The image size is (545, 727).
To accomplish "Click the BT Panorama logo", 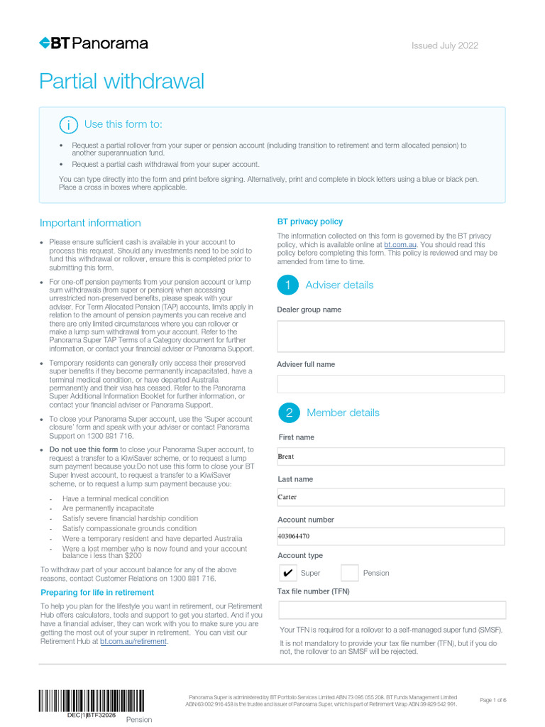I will coord(94,43).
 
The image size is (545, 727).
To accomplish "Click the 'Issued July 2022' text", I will coord(445,46).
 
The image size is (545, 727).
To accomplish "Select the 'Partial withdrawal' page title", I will coord(121,82).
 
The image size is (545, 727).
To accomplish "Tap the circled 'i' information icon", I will coord(68,125).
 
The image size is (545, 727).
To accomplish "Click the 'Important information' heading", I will coord(90,223).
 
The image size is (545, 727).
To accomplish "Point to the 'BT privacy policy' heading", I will coord(309,222).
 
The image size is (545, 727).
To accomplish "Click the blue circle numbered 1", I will coord(287,285).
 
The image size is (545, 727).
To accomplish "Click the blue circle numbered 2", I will coord(288,412).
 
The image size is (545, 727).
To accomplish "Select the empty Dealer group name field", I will coord(390,337).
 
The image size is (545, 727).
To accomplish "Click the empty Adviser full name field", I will coord(390,384).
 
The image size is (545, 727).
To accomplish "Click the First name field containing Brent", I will coord(390,457).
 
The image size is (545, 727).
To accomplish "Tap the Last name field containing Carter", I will coord(390,497).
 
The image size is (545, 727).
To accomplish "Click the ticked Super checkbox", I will coord(287,573).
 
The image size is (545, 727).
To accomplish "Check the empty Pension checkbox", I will coord(350,573).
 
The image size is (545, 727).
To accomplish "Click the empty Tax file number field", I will coord(392,610).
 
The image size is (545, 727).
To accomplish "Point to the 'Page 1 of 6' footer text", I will coord(493,700).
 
